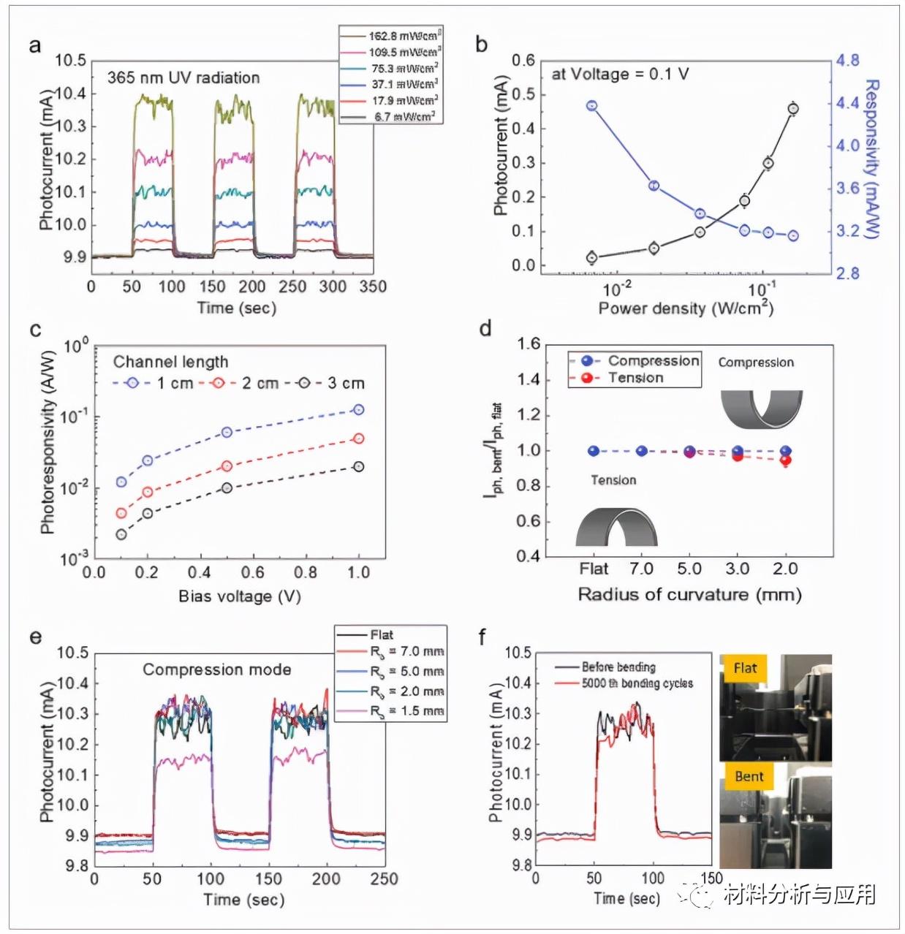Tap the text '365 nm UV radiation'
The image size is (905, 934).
(x=183, y=78)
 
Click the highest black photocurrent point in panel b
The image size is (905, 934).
(x=793, y=109)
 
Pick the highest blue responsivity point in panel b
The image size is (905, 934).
(x=592, y=106)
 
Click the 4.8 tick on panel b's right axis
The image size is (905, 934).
(x=848, y=61)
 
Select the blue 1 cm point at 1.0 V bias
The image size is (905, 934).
(x=358, y=410)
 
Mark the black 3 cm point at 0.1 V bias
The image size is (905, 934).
(x=121, y=534)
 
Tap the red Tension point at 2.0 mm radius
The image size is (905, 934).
(x=786, y=460)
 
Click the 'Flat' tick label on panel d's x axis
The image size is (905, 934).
(x=594, y=569)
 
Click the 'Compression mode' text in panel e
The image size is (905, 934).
(x=216, y=669)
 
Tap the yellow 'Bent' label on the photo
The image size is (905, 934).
(x=749, y=777)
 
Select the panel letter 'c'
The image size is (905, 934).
(x=35, y=330)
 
